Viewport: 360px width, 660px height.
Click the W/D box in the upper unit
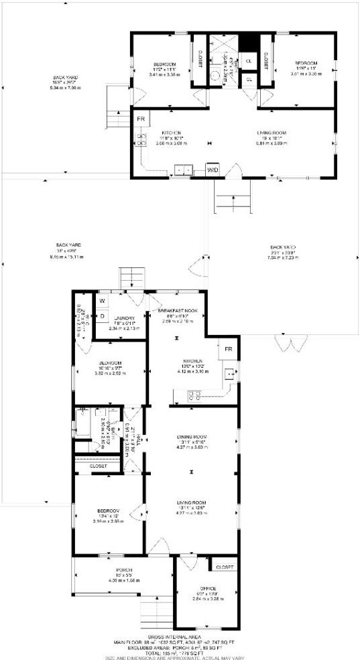213,170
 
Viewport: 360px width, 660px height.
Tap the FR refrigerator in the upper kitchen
141,119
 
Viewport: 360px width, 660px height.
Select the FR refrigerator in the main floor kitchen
228,349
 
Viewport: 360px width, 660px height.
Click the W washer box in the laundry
103,301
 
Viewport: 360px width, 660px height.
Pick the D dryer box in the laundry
103,315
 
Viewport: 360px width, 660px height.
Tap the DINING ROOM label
191,437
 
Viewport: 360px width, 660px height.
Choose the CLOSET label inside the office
225,567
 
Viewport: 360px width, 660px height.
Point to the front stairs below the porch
155,612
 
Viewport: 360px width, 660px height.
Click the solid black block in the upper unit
249,42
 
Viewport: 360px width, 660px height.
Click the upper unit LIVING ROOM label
272,133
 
